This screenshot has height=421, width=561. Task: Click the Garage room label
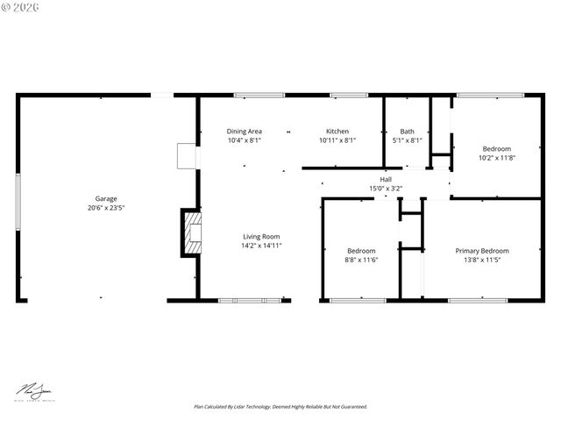(106, 198)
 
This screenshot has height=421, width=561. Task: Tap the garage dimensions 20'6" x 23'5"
(106, 209)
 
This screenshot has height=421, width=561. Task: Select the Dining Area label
(245, 131)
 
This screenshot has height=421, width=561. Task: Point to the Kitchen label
(337, 131)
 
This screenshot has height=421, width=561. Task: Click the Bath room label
(407, 131)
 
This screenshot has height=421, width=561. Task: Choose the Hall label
(386, 179)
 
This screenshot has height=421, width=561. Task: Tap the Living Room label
(261, 236)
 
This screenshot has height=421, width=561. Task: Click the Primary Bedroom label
(481, 250)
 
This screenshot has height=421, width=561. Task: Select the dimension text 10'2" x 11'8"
(496, 158)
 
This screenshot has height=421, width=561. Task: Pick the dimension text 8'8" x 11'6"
(360, 260)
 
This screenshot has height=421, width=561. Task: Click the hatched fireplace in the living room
(190, 232)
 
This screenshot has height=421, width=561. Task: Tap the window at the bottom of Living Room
(250, 301)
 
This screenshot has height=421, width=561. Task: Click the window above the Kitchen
(349, 95)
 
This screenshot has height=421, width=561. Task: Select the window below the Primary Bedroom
(478, 301)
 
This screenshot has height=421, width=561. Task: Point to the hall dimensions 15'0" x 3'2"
(386, 188)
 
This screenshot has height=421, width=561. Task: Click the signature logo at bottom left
(32, 390)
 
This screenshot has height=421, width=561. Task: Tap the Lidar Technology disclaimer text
(280, 407)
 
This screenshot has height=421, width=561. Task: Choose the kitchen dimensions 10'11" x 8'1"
(337, 139)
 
